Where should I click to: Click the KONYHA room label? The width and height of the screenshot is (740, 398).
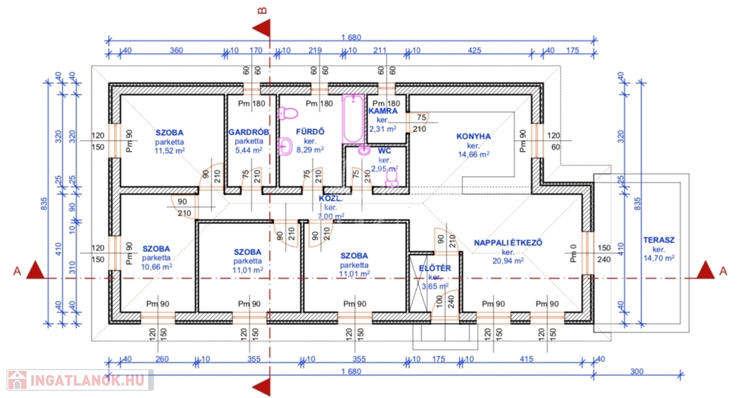click(x=473, y=136)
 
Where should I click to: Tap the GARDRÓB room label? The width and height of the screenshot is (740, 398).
click(x=249, y=132)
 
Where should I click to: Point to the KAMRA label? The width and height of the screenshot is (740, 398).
click(x=382, y=111)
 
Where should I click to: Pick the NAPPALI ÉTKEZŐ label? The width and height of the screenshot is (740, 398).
click(x=507, y=243)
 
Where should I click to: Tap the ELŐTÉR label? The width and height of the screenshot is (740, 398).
click(x=435, y=269)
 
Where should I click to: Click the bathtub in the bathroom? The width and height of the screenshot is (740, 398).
click(x=353, y=118)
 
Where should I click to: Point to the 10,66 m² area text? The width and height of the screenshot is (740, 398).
click(x=156, y=267)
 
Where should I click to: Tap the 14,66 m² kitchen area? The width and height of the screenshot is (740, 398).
click(x=473, y=154)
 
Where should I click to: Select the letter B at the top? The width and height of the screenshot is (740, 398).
click(x=263, y=9)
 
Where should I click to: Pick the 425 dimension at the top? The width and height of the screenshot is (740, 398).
click(x=475, y=51)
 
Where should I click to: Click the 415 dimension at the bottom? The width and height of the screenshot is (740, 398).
click(x=526, y=359)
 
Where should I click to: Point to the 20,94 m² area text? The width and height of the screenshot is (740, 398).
click(x=507, y=261)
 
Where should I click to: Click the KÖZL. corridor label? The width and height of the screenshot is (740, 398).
click(x=330, y=197)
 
